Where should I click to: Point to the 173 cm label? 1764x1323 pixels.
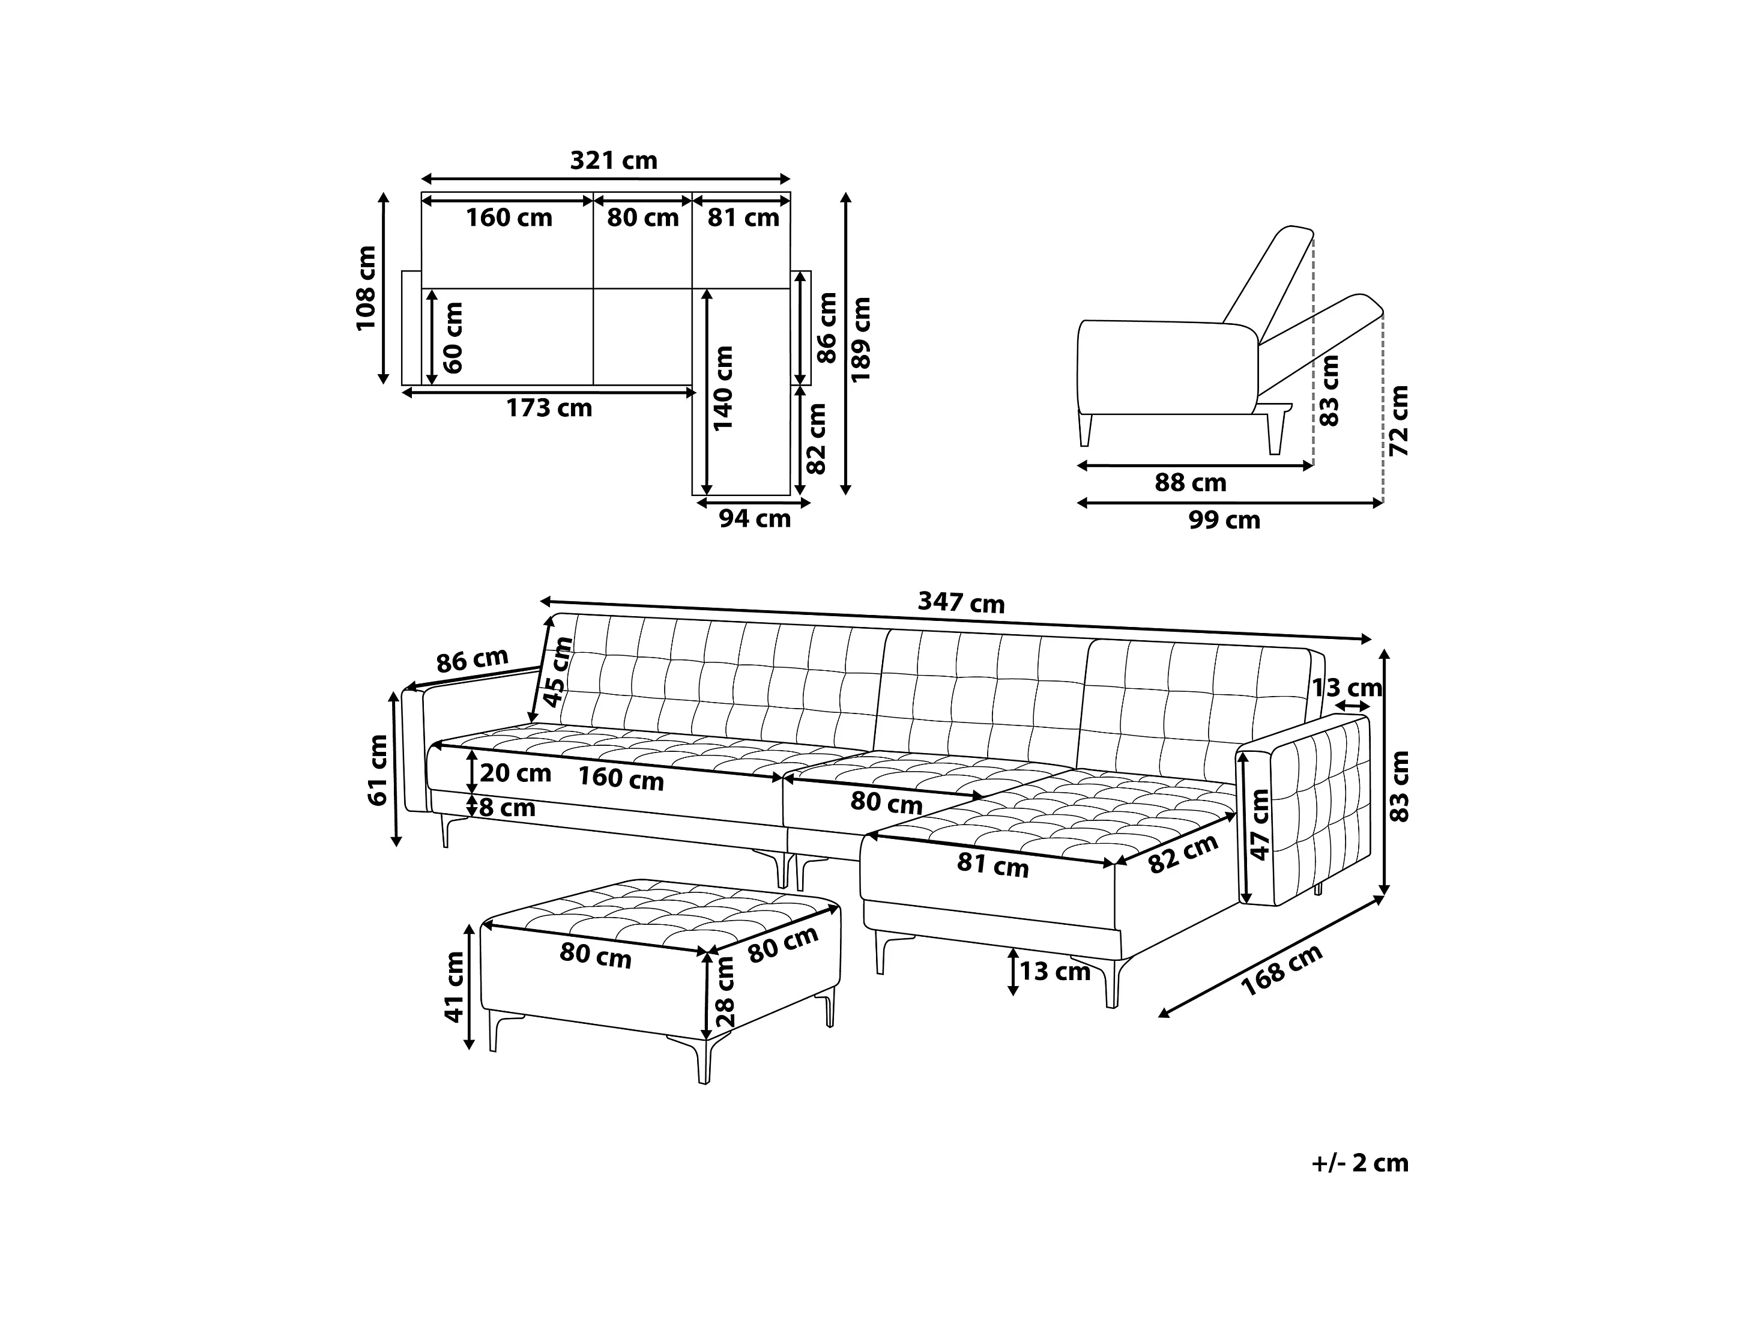point(549,408)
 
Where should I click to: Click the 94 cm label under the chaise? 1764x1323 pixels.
point(754,519)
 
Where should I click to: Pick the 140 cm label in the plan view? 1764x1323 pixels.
point(723,389)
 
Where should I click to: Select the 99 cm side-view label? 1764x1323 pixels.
point(1224,520)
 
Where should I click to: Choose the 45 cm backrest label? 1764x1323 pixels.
point(558,671)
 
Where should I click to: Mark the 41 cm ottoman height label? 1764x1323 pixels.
point(455,987)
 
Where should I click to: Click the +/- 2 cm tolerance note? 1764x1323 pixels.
point(1360,1163)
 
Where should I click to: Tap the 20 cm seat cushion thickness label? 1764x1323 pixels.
point(515,773)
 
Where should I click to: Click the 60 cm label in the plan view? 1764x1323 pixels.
point(453,338)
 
